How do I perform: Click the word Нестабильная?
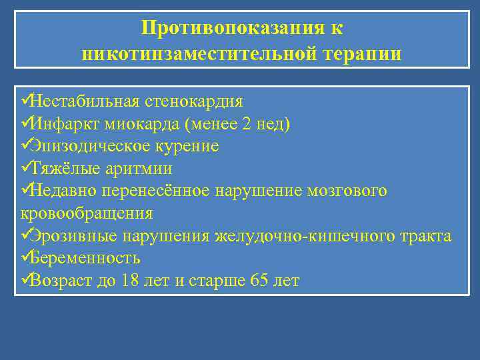click(85, 101)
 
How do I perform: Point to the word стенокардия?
click(194, 101)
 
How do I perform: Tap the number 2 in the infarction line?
click(247, 124)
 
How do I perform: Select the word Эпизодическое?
click(87, 146)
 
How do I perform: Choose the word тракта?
click(428, 236)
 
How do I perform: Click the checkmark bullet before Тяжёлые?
click(26, 168)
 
